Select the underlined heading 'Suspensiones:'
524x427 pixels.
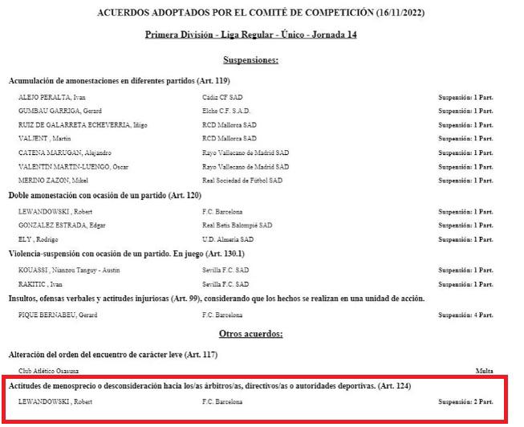click(x=250, y=60)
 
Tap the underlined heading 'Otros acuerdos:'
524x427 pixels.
click(x=251, y=333)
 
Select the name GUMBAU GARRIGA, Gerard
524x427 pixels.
click(x=55, y=110)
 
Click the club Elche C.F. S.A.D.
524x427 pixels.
click(x=228, y=110)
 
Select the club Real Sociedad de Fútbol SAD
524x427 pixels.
click(x=242, y=181)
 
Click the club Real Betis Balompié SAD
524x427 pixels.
click(x=238, y=225)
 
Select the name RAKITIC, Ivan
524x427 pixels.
click(x=40, y=284)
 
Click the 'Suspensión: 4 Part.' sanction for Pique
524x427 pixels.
click(x=465, y=315)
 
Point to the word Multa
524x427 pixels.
click(x=484, y=371)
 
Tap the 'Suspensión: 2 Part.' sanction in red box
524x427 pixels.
click(x=465, y=401)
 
